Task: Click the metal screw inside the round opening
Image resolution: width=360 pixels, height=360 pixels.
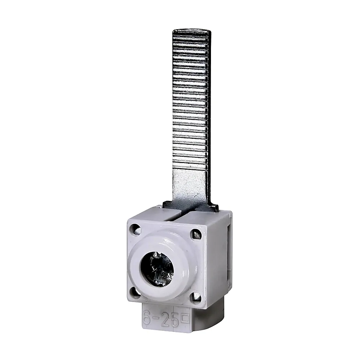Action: pyautogui.click(x=157, y=269)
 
